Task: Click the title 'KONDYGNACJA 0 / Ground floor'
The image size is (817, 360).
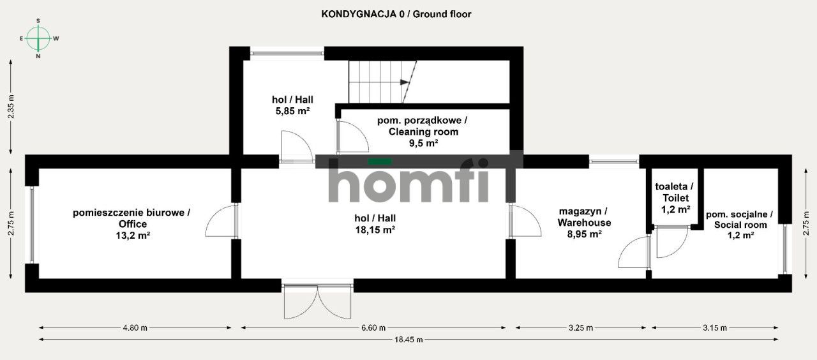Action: pos(396,14)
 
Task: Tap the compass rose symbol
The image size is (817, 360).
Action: pos(39,39)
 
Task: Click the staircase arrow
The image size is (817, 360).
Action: pos(405,82)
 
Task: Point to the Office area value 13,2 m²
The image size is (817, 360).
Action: pos(132,236)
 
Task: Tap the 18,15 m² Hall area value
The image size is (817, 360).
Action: pos(374,230)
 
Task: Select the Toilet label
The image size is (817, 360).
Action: pos(675,193)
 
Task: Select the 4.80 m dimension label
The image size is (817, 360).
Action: pos(135,328)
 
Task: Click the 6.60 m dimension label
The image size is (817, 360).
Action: pos(373,328)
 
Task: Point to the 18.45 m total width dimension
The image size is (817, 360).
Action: pos(408,340)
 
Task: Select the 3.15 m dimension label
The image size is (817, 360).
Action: pos(715,328)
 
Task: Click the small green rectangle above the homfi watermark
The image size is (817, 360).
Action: pos(379,161)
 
